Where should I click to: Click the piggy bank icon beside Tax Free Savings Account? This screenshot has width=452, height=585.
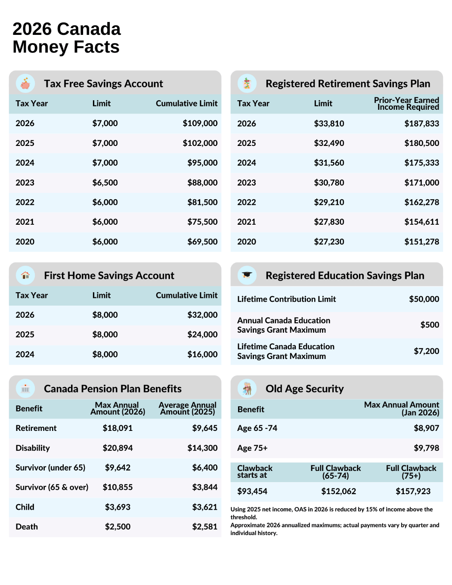tap(25, 84)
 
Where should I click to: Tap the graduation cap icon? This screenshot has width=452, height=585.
tap(247, 275)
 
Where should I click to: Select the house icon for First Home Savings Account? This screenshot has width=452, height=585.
tap(25, 275)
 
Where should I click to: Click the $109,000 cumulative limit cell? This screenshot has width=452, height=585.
tap(200, 124)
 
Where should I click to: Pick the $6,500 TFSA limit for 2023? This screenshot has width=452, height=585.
tap(105, 183)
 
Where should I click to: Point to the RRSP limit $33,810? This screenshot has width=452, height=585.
tap(329, 124)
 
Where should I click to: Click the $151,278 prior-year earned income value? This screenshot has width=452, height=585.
tap(421, 242)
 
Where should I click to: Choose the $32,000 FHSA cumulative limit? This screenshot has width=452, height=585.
tap(202, 315)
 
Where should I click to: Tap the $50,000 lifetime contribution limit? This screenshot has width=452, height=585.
tap(424, 299)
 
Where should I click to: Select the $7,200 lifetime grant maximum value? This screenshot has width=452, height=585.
tap(426, 351)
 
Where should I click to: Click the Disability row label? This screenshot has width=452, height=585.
tap(33, 448)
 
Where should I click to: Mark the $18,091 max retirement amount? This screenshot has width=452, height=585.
tap(118, 428)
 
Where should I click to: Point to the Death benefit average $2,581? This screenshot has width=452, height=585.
tap(204, 527)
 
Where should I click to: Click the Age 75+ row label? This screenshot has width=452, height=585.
tap(252, 448)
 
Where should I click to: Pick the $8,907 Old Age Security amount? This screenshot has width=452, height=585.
tap(426, 428)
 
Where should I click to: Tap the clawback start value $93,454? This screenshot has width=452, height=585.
tap(252, 491)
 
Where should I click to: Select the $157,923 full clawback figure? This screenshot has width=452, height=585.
tap(413, 491)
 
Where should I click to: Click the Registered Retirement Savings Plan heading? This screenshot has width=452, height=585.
tap(348, 84)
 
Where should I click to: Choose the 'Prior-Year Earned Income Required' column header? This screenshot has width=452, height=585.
tap(406, 104)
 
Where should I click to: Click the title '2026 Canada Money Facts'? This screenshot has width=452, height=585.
tap(67, 38)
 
